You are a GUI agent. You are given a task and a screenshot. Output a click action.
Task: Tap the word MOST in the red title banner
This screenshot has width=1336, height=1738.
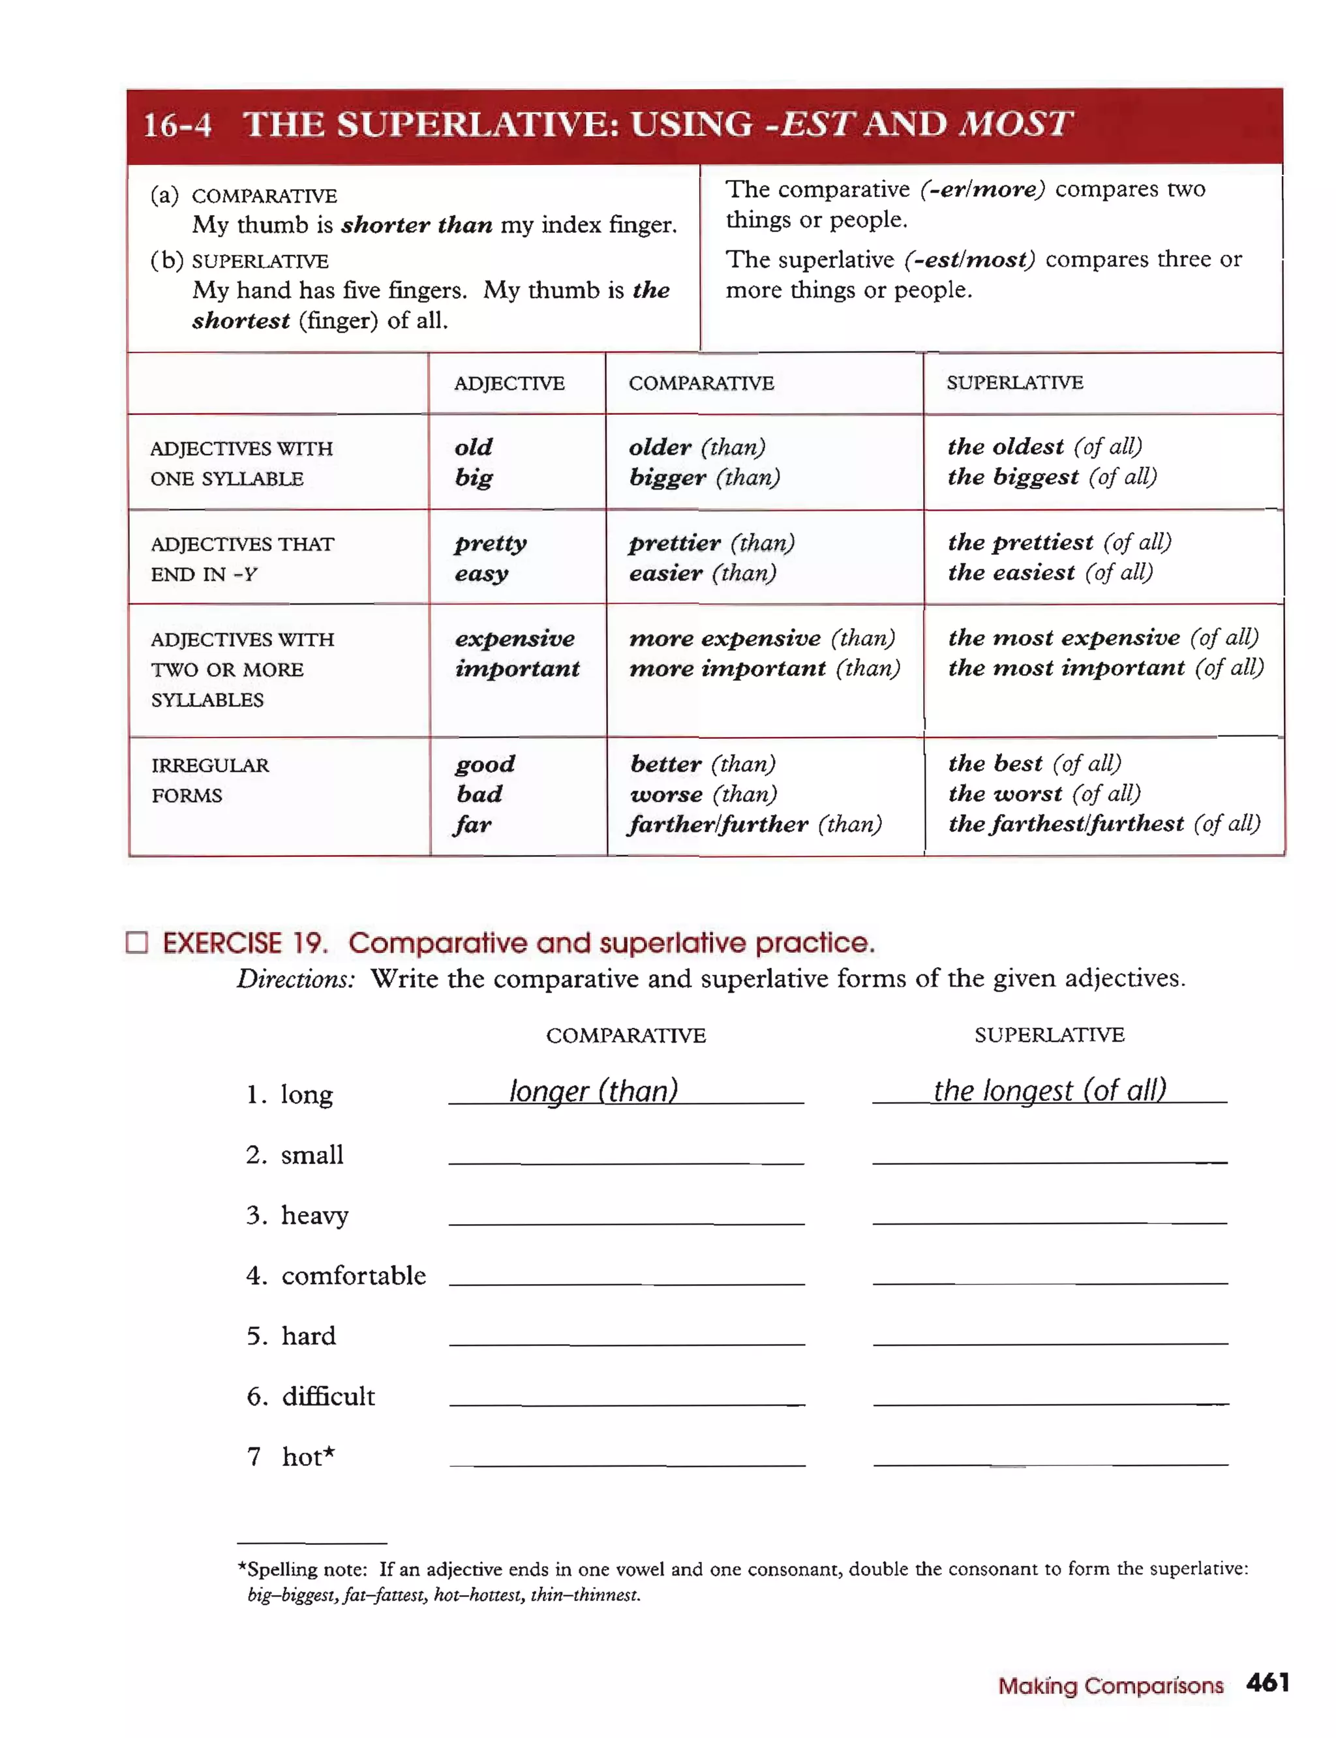(x=1016, y=124)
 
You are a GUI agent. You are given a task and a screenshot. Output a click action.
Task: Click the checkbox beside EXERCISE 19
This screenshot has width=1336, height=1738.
(x=137, y=942)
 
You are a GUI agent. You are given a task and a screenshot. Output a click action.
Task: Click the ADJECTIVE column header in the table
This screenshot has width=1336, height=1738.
(x=509, y=383)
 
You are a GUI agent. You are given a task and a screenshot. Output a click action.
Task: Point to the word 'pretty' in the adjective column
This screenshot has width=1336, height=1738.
(x=491, y=543)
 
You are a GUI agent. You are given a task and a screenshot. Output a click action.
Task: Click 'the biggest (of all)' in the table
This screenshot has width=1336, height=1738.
(x=1052, y=477)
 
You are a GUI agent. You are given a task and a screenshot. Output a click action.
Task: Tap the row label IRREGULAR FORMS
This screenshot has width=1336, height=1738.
(x=209, y=780)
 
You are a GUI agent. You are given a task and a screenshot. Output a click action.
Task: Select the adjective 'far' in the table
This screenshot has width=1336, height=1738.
(x=472, y=824)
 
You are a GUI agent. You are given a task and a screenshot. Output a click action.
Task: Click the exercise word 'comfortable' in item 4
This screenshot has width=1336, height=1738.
(x=353, y=1275)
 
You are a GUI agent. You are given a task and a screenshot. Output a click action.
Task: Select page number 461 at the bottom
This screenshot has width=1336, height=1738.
(x=1267, y=1683)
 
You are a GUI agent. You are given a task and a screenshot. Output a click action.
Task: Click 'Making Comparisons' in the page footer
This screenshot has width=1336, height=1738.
(x=1110, y=1686)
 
